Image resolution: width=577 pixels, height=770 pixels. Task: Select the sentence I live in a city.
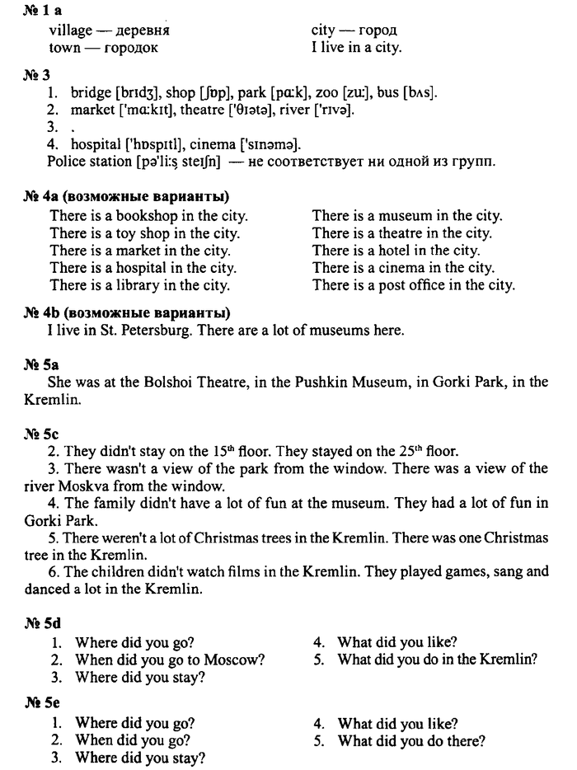click(x=356, y=48)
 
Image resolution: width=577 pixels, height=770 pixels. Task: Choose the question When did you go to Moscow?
click(x=170, y=659)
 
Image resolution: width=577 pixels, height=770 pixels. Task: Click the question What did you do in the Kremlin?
click(x=437, y=659)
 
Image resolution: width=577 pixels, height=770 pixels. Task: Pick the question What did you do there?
click(x=410, y=740)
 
